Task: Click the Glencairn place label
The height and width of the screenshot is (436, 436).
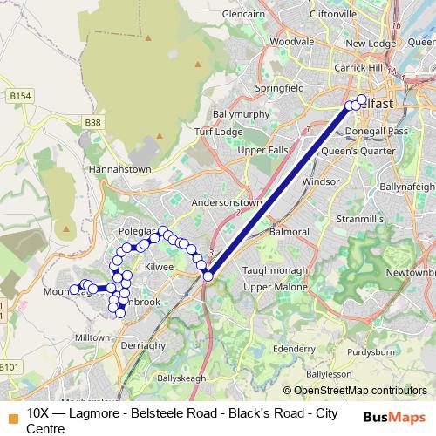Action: (242, 15)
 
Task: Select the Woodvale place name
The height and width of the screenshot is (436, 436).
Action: (291, 41)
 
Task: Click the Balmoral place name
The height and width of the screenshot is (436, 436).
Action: (290, 232)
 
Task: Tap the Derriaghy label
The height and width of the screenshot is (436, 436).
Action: (142, 345)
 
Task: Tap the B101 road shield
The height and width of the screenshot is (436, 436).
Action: (10, 367)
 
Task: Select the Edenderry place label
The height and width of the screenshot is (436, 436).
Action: (294, 348)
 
